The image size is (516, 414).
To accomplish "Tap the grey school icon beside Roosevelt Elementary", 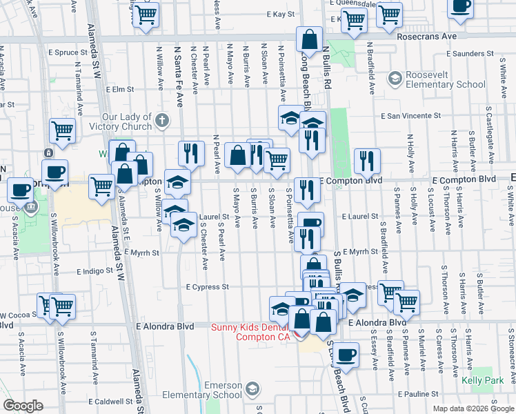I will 395,79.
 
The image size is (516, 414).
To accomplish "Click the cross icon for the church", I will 162,121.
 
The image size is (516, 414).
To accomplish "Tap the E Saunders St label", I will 472,53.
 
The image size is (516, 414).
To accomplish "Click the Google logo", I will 23,406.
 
